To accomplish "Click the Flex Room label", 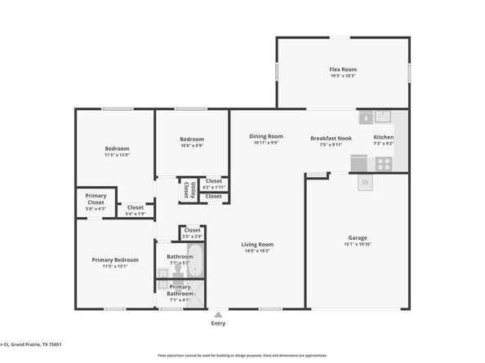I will [342, 69].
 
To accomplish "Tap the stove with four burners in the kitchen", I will [384, 161].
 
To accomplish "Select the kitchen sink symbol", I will [383, 117].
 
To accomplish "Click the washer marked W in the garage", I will [365, 182].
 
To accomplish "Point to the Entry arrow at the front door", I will [218, 313].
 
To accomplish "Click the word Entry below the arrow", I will [218, 323].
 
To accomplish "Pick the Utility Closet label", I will [186, 189].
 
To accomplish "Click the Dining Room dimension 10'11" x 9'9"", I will [265, 143].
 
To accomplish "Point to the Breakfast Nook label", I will [331, 138].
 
